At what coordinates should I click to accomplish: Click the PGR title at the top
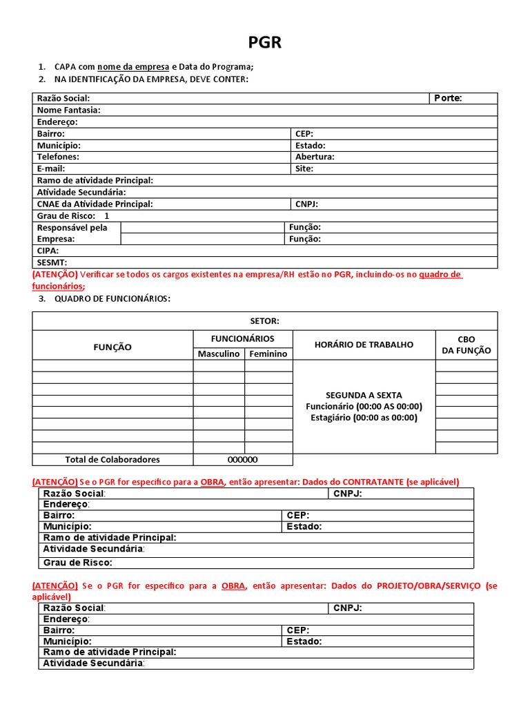coord(265,43)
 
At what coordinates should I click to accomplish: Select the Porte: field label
coord(448,98)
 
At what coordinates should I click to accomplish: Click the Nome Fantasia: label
coord(68,110)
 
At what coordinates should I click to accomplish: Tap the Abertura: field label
coord(315,157)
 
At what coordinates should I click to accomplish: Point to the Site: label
coord(304,168)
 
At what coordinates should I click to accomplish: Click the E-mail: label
coord(50,168)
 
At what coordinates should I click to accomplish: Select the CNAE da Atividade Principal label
coord(95,204)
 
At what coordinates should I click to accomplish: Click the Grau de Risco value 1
coord(107,215)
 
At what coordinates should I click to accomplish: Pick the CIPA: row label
coord(48,251)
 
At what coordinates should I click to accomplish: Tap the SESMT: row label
coord(52,262)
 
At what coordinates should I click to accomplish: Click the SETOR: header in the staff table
coord(264,321)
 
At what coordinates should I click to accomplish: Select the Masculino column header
coord(219,353)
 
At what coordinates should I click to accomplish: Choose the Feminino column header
coord(268,353)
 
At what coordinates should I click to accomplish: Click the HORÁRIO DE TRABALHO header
coord(364,345)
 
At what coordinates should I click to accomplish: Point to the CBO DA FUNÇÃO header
coord(467,345)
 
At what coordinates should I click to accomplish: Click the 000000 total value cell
coord(243,460)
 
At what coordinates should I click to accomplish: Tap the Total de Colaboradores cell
coord(112,460)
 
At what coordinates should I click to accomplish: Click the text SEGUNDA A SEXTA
coord(364,395)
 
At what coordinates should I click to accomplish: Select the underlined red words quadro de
coord(440,274)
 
